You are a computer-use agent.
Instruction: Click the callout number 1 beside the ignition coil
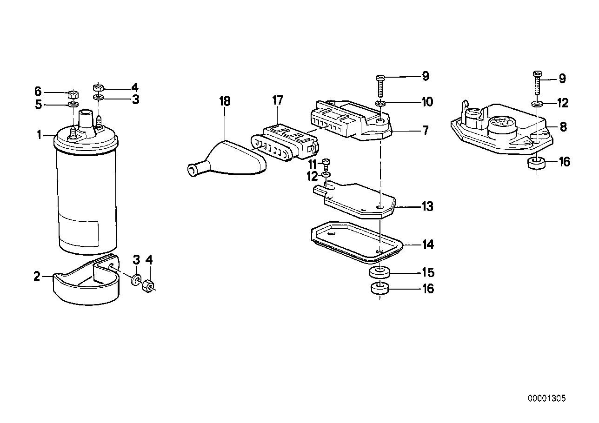(40, 135)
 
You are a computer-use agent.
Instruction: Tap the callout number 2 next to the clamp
(37, 277)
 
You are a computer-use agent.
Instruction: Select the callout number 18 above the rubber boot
(225, 101)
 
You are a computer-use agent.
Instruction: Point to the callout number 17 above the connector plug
(278, 100)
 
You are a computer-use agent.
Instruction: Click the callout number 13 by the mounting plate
(427, 206)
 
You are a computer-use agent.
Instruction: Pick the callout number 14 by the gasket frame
(427, 245)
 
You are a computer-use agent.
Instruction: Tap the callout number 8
(563, 126)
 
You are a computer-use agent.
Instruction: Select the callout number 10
(427, 101)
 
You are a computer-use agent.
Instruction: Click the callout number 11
(312, 164)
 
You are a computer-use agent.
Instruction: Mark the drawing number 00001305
(546, 398)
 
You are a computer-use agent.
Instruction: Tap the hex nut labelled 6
(72, 92)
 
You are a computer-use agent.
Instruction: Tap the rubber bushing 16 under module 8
(536, 164)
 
